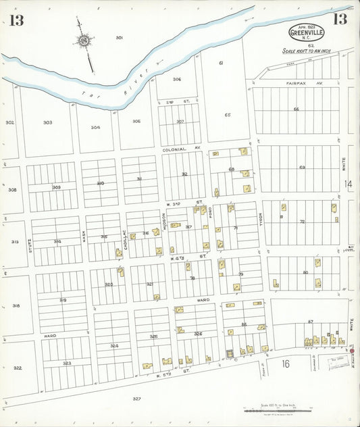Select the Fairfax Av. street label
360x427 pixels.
[x=295, y=84]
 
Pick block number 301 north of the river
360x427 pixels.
[x=119, y=37]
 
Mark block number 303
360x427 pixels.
[x=47, y=122]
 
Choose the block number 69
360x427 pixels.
[x=302, y=167]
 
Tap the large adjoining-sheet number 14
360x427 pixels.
[x=348, y=184]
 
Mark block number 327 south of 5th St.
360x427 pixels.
[x=137, y=399]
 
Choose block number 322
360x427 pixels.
[x=18, y=368]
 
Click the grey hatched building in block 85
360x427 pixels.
[x=229, y=353]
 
